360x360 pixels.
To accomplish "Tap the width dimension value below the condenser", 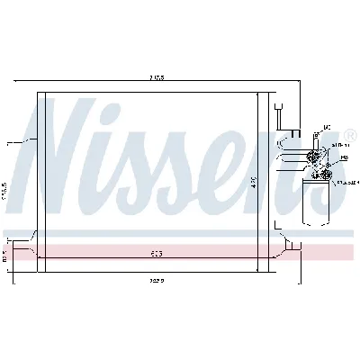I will [156, 280].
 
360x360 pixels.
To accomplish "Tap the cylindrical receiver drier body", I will [316, 198].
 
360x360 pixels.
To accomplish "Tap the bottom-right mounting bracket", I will [284, 240].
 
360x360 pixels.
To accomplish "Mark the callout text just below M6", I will [339, 144].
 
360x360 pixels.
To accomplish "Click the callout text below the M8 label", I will [346, 183].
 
